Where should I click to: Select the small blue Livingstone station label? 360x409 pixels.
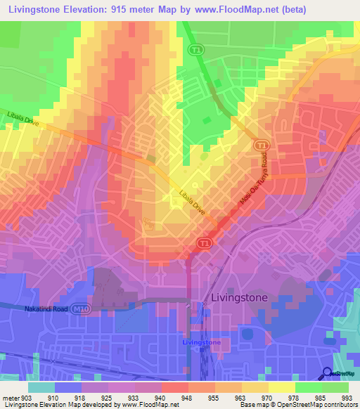tap(201, 342)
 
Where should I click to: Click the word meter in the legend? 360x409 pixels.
tap(11, 396)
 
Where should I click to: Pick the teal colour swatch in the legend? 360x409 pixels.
tap(41, 387)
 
